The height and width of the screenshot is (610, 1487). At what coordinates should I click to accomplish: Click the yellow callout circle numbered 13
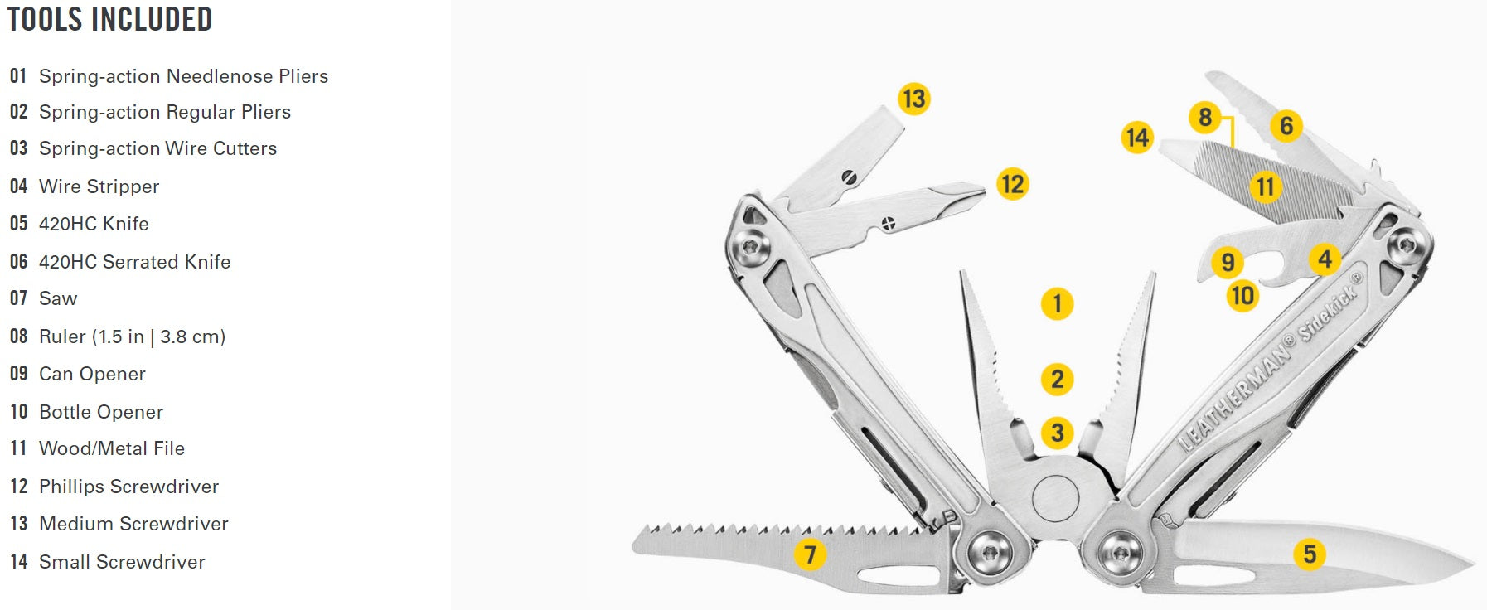[913, 99]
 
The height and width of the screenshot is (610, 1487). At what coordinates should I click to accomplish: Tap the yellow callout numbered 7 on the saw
[810, 554]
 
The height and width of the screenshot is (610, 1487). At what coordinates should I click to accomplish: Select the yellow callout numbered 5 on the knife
[1310, 554]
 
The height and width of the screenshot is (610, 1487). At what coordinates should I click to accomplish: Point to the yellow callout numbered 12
[1012, 183]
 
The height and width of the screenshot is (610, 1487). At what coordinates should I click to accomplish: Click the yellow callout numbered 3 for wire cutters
[1057, 432]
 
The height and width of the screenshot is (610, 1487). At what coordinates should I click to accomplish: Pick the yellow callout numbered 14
[1137, 137]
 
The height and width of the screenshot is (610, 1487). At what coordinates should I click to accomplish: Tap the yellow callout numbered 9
[1228, 263]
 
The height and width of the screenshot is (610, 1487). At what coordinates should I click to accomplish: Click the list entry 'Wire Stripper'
[99, 186]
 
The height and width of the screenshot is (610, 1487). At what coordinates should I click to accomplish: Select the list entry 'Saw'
[58, 298]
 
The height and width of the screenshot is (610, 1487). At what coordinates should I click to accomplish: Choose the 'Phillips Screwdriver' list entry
[128, 487]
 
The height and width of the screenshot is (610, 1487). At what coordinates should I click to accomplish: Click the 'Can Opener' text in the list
[92, 374]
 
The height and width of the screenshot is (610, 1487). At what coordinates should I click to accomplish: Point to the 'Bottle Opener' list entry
[101, 412]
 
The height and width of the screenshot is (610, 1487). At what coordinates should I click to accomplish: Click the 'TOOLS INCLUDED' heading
[109, 19]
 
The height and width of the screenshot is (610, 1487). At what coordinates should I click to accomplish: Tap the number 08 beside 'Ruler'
[18, 336]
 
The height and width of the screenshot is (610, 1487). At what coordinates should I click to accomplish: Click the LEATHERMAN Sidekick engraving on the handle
[1268, 365]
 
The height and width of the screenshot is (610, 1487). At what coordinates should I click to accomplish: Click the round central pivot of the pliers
[1055, 497]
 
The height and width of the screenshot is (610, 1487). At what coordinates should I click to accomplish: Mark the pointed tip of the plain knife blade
[1472, 567]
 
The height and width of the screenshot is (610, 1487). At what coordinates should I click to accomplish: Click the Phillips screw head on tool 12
[888, 222]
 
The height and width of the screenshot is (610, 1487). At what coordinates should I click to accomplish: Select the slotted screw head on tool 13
[847, 177]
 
